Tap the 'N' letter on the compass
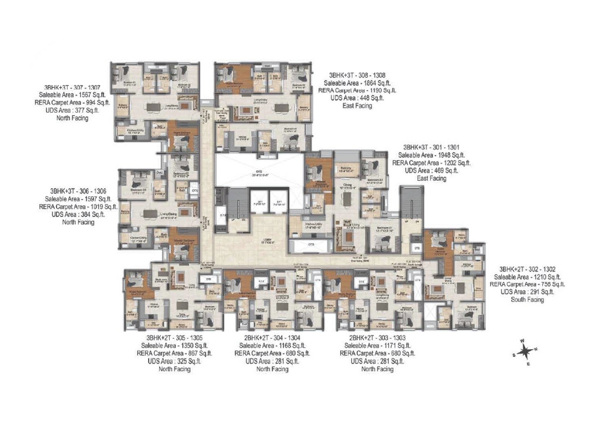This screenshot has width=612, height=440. point(536,349)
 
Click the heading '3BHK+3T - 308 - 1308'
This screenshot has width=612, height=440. point(357,75)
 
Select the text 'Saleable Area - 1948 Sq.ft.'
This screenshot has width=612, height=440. point(431,155)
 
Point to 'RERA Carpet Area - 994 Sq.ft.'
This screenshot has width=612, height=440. point(72,103)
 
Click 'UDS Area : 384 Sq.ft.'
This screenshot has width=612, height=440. point(78,214)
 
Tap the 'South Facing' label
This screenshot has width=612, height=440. point(527,299)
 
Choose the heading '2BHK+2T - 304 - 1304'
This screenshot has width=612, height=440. point(272,338)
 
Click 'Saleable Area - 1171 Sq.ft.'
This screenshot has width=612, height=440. point(377,345)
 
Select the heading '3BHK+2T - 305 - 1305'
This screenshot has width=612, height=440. point(174,338)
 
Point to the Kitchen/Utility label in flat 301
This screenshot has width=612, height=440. point(313,224)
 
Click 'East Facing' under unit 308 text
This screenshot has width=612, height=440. point(357,106)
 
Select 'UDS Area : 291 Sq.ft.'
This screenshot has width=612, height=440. point(527,292)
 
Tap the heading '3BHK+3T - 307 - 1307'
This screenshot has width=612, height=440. point(72,88)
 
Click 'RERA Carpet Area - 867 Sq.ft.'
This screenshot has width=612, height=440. point(174,353)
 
